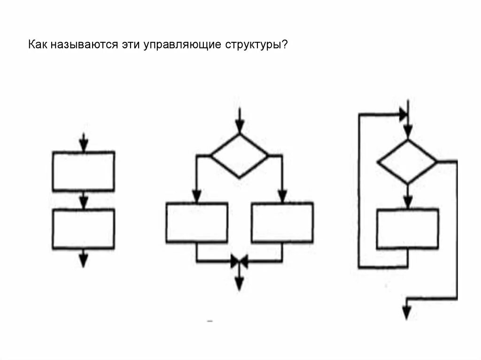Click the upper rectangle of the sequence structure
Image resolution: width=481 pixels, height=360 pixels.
(x=83, y=171)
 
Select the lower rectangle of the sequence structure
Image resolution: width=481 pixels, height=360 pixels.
(x=83, y=229)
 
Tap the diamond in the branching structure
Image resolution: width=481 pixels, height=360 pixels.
(x=239, y=155)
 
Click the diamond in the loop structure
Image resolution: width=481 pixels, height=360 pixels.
(x=407, y=161)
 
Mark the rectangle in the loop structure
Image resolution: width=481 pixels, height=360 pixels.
(x=408, y=229)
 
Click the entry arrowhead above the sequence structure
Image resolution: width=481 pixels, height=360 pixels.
(x=83, y=146)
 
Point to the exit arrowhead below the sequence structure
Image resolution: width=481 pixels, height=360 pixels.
(x=83, y=261)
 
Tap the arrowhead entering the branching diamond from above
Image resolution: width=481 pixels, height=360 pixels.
(x=240, y=127)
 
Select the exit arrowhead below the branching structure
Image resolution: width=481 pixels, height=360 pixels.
(x=239, y=283)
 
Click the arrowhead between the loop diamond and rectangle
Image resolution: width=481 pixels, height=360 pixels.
(x=408, y=202)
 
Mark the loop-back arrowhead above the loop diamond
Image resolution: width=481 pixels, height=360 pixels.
(x=403, y=114)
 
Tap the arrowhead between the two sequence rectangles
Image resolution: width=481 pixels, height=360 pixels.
(x=83, y=203)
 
